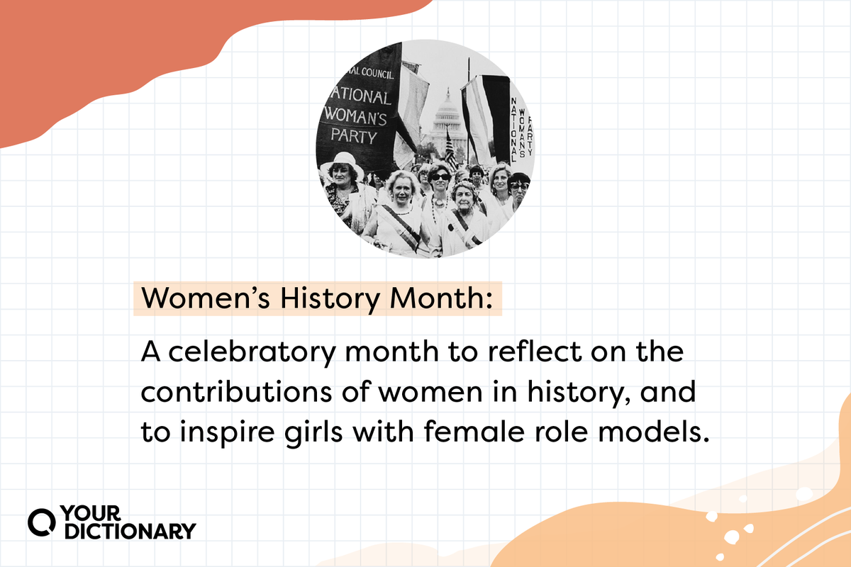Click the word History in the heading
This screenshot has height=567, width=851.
pos(330,299)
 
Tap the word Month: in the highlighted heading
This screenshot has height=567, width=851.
pos(441,298)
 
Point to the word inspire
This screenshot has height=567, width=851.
pos(227,433)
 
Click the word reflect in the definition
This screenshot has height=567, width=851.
pos(535,352)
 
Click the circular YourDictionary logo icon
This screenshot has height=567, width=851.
pos(41,522)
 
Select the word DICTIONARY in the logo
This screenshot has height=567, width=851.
pos(130,531)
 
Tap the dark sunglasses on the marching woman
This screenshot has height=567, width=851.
pos(440,177)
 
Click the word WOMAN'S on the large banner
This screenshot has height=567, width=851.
pos(355,116)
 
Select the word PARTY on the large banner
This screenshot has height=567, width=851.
pos(354,135)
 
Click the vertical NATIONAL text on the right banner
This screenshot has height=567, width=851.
pos(513,130)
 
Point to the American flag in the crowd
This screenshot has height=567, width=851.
pos(451,150)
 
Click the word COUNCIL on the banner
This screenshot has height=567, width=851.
pos(377,73)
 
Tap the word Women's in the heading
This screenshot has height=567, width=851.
pos(206,298)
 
